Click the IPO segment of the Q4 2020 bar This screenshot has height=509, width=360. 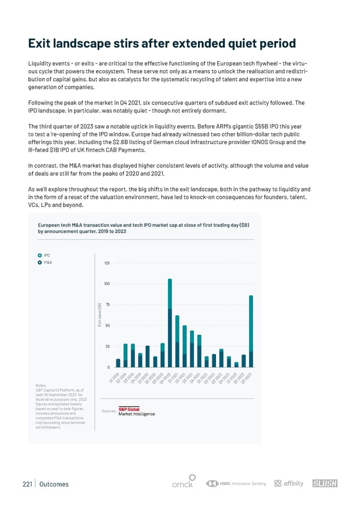pyautogui.click(x=170, y=294)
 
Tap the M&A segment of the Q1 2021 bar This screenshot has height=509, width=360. pyautogui.click(x=177, y=354)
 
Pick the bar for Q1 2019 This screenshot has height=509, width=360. pyautogui.click(x=118, y=363)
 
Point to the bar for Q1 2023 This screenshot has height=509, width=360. pyautogui.click(x=236, y=364)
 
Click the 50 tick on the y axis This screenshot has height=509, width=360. pyautogui.click(x=107, y=325)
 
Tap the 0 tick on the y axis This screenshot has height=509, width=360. pyautogui.click(x=109, y=367)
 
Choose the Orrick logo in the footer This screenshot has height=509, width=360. pyautogui.click(x=182, y=484)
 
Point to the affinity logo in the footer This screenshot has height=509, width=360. pyautogui.click(x=289, y=484)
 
